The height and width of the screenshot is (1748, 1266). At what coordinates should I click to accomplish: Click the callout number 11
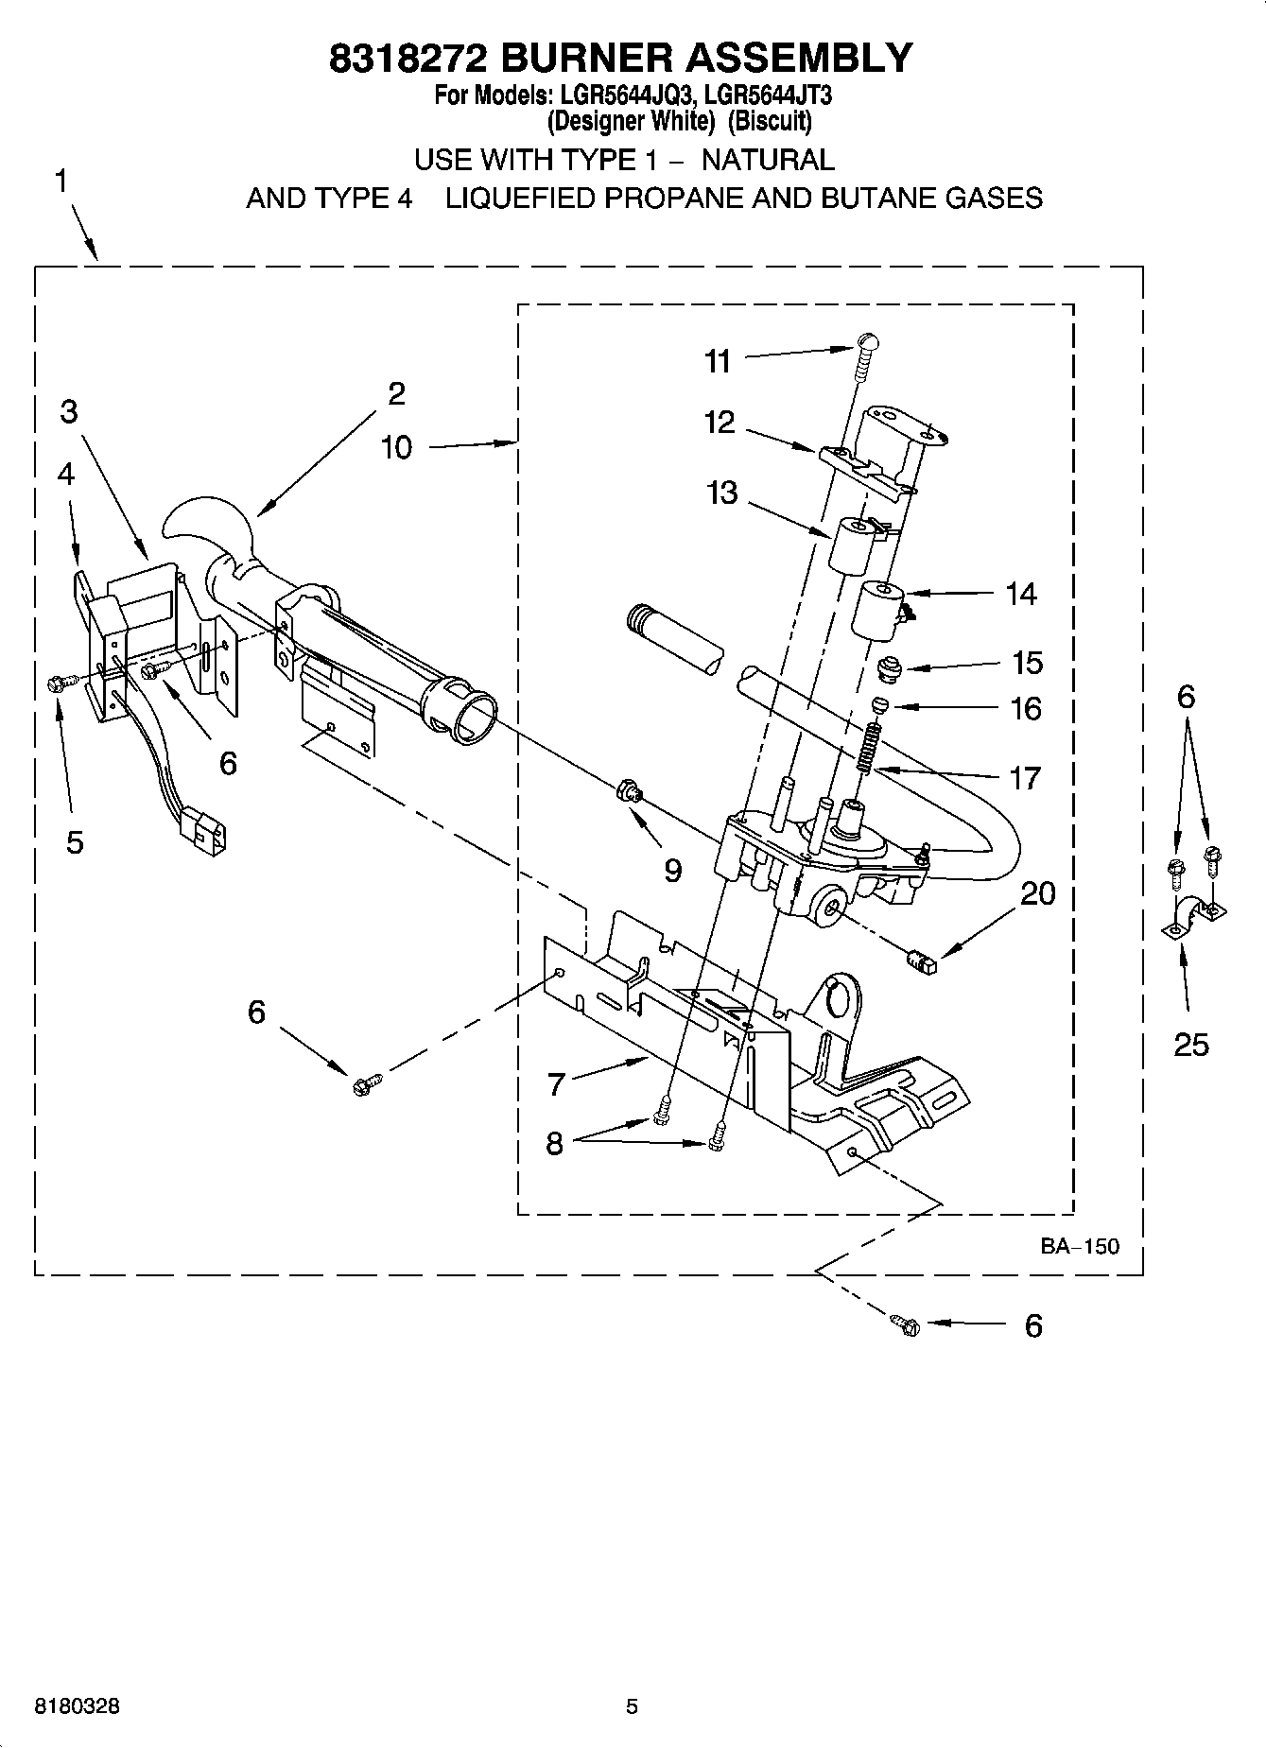pyautogui.click(x=718, y=361)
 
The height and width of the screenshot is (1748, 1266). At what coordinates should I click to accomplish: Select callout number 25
pyautogui.click(x=1190, y=1044)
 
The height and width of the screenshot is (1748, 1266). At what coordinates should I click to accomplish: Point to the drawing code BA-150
pyautogui.click(x=1080, y=1246)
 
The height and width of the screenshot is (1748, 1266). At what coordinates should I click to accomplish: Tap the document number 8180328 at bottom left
pyautogui.click(x=78, y=1706)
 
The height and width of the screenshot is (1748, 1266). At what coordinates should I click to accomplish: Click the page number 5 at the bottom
pyautogui.click(x=632, y=1706)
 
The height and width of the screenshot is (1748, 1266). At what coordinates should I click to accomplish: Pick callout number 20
pyautogui.click(x=1037, y=893)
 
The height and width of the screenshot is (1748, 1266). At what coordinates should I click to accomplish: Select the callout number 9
pyautogui.click(x=672, y=870)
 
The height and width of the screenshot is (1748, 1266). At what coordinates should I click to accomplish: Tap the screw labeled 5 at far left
pyautogui.click(x=56, y=683)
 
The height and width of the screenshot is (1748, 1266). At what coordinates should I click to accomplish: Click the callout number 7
pyautogui.click(x=556, y=1083)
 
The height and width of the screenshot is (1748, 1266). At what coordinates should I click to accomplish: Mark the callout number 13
pyautogui.click(x=721, y=493)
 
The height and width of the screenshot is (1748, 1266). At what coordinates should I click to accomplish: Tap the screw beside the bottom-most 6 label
pyautogui.click(x=906, y=1325)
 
